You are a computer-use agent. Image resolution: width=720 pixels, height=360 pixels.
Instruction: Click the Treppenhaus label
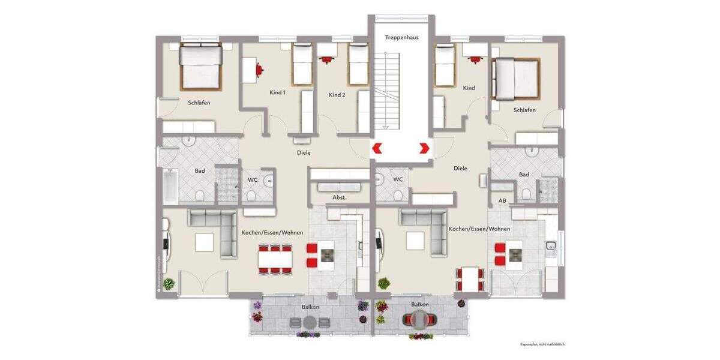point(401,37)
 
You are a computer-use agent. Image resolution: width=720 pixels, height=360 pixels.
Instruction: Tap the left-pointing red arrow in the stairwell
point(377,148)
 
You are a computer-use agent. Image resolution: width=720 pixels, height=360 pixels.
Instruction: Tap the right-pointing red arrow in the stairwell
point(424,148)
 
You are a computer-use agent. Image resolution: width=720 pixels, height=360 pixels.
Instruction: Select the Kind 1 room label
point(277,93)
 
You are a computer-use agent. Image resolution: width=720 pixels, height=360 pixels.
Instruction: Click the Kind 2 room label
point(337,95)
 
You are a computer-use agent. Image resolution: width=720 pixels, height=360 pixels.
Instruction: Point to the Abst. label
point(340,197)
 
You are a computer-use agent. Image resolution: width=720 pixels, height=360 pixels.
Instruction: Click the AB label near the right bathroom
point(502,200)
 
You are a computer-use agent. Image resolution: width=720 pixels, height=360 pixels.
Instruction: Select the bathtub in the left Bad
point(170,185)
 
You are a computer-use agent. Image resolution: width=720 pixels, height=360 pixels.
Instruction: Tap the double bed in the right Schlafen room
point(515,78)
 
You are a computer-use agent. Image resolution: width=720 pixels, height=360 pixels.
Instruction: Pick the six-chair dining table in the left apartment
point(275,259)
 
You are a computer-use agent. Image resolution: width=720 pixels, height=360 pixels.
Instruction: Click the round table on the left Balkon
point(310,322)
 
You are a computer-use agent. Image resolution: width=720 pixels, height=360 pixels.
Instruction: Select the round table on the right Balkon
point(420,320)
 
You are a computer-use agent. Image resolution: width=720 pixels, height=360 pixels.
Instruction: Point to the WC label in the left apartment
point(253,179)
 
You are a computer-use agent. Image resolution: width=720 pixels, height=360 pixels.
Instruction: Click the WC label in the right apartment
point(398,179)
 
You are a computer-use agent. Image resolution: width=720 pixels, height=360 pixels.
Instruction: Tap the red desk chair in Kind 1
point(259,70)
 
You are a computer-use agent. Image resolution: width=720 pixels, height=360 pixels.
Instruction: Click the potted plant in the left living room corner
point(169,284)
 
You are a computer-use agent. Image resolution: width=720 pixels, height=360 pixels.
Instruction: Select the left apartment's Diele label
point(304,152)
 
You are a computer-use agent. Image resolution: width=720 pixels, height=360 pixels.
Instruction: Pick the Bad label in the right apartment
point(524,175)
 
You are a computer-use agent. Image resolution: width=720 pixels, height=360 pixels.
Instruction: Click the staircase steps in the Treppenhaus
point(391,90)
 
